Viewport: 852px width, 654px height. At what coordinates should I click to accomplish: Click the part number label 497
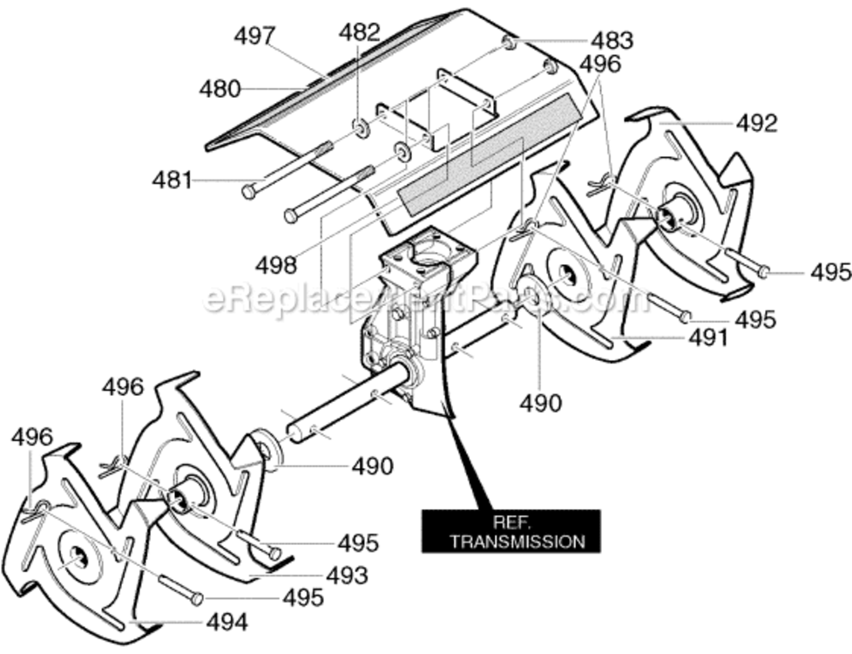[x=255, y=36]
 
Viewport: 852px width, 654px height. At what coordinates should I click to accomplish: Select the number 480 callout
[x=220, y=89]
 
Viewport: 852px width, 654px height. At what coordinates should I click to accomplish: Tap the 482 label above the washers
[x=359, y=33]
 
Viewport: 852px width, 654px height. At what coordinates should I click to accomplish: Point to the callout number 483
[x=612, y=41]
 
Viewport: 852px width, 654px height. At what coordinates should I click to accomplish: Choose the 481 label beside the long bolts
[x=172, y=181]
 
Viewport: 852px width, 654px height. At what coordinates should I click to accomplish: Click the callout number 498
[x=277, y=265]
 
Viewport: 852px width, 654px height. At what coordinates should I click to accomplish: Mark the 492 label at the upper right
[x=757, y=124]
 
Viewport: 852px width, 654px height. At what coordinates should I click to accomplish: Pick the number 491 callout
[x=708, y=337]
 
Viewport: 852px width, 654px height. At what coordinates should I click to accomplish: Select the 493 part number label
[x=348, y=576]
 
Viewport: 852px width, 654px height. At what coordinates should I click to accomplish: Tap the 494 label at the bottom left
[x=227, y=622]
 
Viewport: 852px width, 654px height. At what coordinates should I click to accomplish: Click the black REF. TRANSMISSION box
[x=511, y=532]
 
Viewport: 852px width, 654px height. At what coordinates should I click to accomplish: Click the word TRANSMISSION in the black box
[x=517, y=542]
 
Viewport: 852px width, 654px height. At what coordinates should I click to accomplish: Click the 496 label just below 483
[x=600, y=65]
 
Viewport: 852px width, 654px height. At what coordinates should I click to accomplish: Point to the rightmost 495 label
[x=831, y=272]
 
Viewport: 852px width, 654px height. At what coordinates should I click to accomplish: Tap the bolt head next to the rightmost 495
[x=764, y=270]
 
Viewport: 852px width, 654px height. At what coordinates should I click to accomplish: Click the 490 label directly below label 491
[x=541, y=403]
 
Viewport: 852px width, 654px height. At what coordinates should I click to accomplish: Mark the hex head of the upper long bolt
[x=248, y=192]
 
